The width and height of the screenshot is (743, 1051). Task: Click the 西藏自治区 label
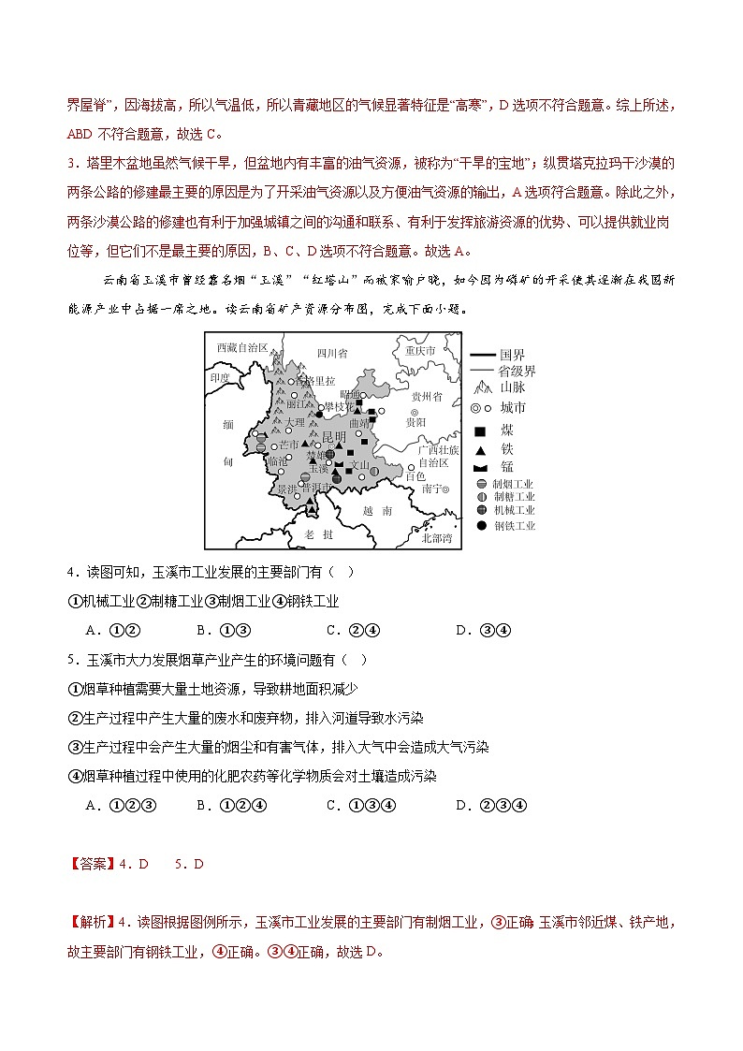point(242,347)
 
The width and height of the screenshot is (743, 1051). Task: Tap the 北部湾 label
point(437,537)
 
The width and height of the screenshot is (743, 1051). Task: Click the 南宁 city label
point(433,489)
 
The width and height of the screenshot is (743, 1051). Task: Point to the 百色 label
point(416,476)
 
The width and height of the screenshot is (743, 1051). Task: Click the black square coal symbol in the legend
point(481,431)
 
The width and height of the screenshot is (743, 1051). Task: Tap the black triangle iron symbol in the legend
point(481,450)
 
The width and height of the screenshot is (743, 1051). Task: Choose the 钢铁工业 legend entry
point(514,525)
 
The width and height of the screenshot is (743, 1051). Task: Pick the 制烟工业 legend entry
point(514,484)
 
